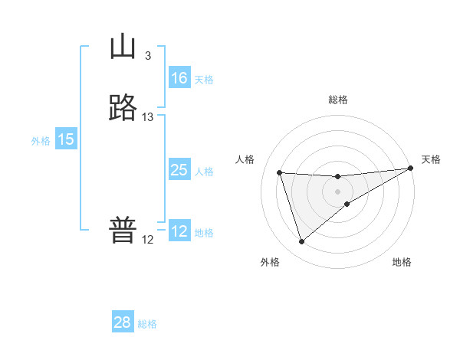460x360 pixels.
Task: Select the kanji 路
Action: (x=122, y=108)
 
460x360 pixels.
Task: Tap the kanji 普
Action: (x=122, y=231)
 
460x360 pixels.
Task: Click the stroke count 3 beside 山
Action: (x=147, y=55)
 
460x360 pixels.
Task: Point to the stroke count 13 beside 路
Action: (x=148, y=116)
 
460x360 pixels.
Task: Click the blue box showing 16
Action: (x=179, y=78)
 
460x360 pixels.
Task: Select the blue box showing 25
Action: (x=179, y=170)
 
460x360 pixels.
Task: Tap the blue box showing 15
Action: (x=66, y=139)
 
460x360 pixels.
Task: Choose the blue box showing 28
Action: (x=123, y=322)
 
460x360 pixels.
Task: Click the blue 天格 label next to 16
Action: (x=204, y=80)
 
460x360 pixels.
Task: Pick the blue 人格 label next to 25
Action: (x=204, y=172)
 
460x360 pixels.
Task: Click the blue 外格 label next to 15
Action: (x=41, y=141)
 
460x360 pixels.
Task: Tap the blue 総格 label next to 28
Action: (x=147, y=324)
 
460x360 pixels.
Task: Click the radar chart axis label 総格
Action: (x=337, y=100)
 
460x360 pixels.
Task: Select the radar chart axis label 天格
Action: (x=431, y=159)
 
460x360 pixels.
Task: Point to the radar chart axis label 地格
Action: (x=402, y=262)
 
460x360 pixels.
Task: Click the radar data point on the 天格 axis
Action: (x=411, y=168)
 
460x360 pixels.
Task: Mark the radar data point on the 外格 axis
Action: (x=301, y=242)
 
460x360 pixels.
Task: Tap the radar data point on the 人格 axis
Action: (x=279, y=172)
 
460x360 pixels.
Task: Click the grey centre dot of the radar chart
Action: (x=337, y=191)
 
